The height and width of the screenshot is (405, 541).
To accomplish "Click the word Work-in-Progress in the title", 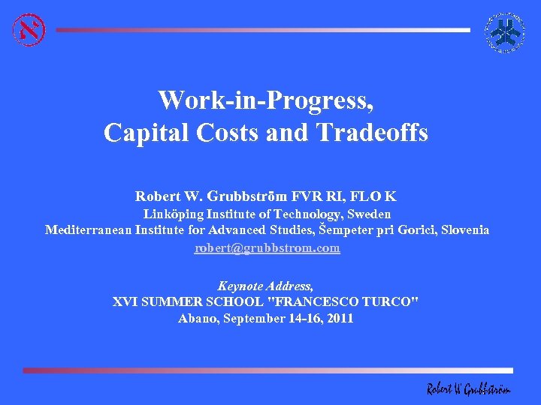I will coord(265,100).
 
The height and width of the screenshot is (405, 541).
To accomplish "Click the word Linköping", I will coord(172,214).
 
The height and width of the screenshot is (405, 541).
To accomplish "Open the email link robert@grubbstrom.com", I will coord(267,247).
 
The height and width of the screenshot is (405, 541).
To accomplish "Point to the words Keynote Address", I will coord(265,286).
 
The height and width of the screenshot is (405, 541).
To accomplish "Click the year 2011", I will coord(338,318).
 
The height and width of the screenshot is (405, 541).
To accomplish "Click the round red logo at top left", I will coord(29,30).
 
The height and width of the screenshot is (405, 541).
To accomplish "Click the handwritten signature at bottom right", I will coord(467,388).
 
